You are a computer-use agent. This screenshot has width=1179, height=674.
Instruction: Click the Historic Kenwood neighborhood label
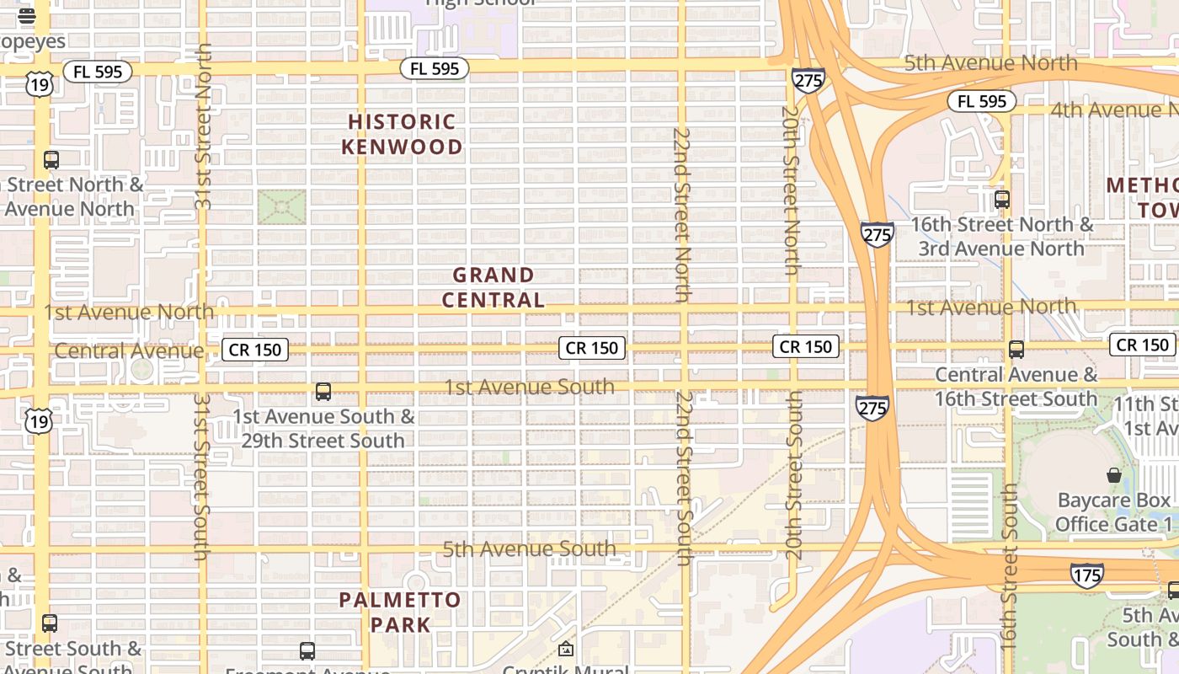coord(402,135)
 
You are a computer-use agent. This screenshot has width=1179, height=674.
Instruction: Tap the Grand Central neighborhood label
coord(493,287)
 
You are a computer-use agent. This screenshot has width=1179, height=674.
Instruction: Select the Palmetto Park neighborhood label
coord(400,612)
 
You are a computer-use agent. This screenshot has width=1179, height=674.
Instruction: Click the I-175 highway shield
coord(1086,575)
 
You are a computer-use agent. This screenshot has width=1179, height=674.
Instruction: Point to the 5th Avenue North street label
coord(990,63)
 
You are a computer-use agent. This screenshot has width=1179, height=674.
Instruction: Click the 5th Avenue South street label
coord(530,549)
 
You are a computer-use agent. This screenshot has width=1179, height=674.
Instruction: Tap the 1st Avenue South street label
coord(530,388)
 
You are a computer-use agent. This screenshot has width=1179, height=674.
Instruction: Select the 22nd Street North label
coord(682,215)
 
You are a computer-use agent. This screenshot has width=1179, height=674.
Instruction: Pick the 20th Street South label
coord(794,476)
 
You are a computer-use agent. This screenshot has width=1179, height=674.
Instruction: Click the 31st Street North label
coord(203,126)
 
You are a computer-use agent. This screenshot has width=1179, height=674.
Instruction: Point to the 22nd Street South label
coord(684,478)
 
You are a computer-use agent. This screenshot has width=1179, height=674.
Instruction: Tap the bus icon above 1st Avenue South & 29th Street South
coord(323,392)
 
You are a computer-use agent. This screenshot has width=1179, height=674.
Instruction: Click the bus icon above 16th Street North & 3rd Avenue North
coord(1002,200)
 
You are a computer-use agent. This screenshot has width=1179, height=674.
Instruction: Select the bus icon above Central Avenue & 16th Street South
coord(1016,350)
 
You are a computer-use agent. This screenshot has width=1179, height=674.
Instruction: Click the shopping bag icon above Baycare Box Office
coord(1114,476)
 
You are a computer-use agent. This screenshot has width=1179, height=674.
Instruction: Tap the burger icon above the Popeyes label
coord(26,15)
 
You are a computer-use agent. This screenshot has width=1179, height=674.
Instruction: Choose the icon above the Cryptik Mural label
coord(566,649)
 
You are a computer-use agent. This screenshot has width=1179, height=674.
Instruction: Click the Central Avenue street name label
coord(130,350)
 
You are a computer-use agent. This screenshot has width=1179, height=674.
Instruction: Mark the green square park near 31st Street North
coord(281,207)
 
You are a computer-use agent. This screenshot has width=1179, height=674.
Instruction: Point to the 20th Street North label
coord(790,190)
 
